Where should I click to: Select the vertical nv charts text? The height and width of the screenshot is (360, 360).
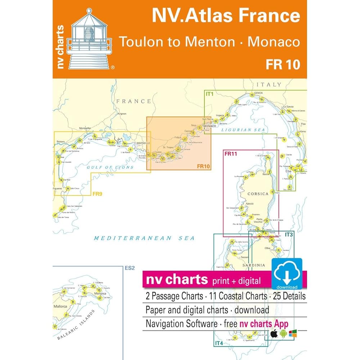[x=60, y=47]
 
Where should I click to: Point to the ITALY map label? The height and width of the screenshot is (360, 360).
[x=269, y=85]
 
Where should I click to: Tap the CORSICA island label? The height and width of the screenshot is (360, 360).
[x=258, y=194]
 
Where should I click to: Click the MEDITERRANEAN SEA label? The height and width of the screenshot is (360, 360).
[x=144, y=238]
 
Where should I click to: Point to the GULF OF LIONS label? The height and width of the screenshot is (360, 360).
[x=111, y=167]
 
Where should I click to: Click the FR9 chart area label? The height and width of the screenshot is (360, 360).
[x=97, y=194]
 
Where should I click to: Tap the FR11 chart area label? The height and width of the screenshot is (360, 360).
[x=230, y=154]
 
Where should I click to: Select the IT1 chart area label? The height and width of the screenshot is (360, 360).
[x=210, y=94]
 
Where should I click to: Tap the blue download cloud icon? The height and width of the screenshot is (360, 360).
[x=287, y=274]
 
